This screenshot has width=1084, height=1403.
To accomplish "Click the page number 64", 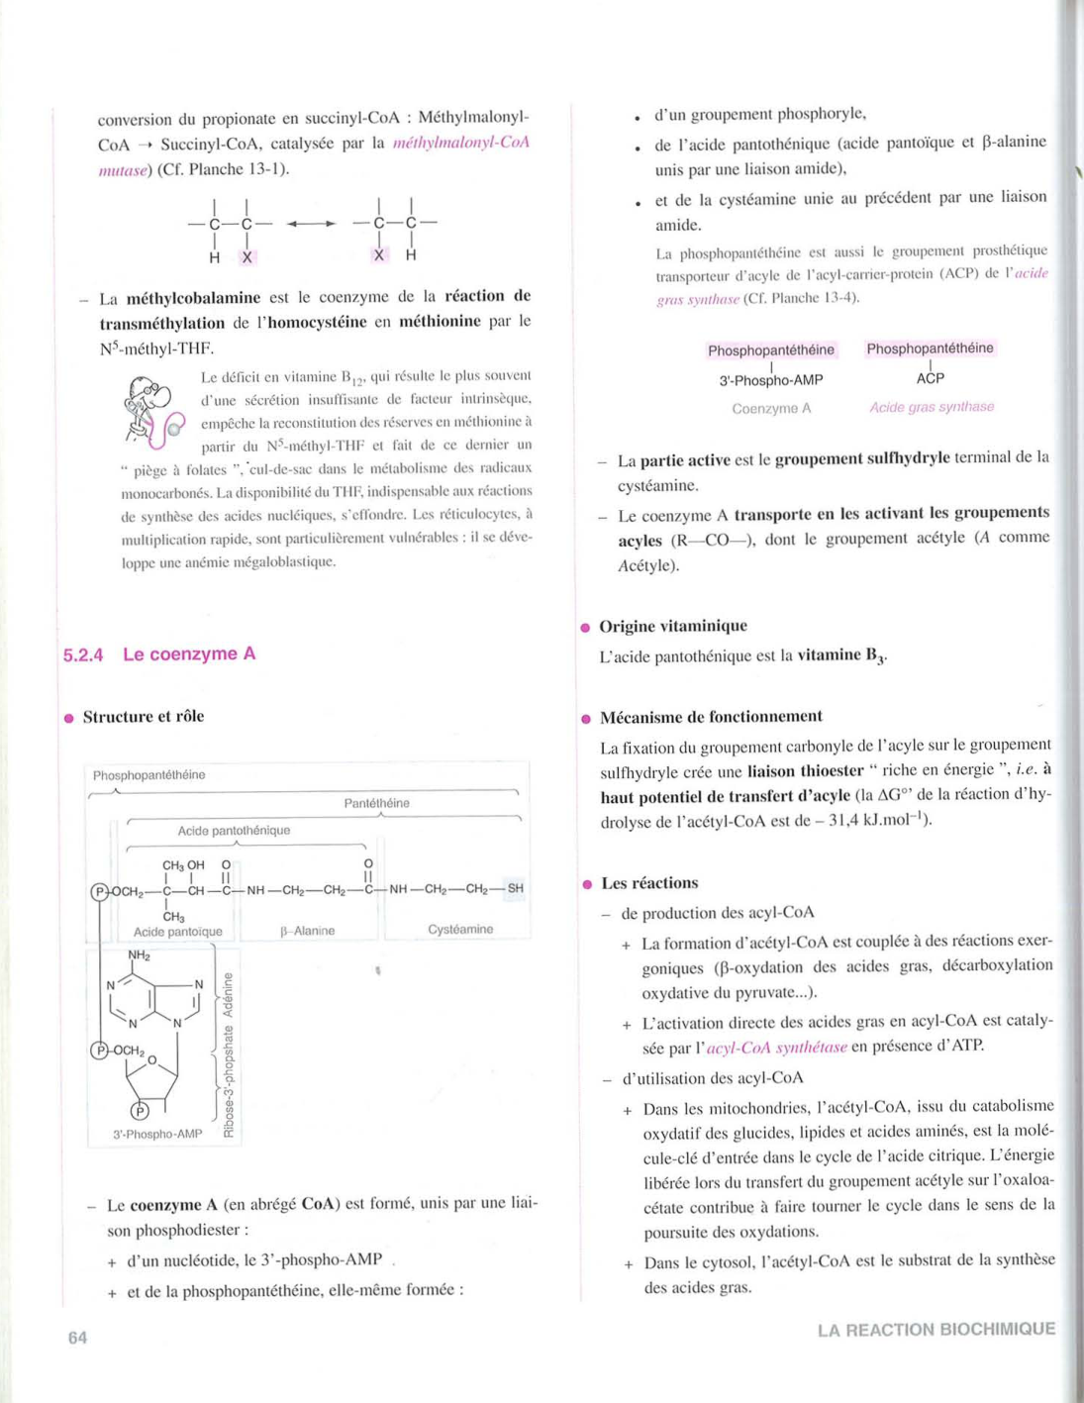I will [x=77, y=1338].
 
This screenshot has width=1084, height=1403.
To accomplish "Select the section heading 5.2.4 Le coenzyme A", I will [x=159, y=653].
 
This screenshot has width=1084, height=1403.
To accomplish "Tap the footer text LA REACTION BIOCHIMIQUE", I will [x=936, y=1329].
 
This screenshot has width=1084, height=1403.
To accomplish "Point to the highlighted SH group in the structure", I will [x=515, y=888].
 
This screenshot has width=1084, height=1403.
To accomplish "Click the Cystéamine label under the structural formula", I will [x=460, y=929].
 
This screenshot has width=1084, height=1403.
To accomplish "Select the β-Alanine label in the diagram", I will [x=308, y=931].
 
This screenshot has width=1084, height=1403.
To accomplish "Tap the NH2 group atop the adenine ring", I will [x=139, y=955].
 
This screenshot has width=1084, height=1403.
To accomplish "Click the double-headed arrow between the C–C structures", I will [x=311, y=224].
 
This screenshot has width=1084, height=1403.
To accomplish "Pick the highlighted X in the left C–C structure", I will [x=247, y=256].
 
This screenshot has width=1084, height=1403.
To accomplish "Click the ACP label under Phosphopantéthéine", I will [x=930, y=378].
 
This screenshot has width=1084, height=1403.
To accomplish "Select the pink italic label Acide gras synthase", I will [x=932, y=407].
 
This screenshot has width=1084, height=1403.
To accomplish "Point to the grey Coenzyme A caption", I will [x=771, y=408].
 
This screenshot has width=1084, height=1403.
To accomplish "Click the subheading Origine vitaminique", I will [x=673, y=626].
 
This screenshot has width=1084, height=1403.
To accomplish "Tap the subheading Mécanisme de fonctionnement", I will [x=711, y=716].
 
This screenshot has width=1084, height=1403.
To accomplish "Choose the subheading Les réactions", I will [x=649, y=882].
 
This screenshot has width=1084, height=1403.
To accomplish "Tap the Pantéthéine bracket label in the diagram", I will [x=377, y=803].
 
